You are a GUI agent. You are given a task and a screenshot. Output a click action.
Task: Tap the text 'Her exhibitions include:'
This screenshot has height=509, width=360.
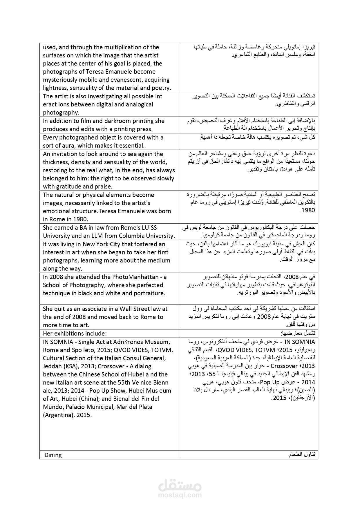75,333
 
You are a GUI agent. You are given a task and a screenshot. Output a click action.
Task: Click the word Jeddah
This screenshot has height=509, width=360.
53,366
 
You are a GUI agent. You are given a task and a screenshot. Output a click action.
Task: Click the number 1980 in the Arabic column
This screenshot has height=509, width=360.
308,211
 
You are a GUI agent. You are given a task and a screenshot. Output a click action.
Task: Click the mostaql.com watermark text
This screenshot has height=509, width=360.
180,495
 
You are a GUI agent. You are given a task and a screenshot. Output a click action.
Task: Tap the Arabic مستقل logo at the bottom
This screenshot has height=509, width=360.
180,484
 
